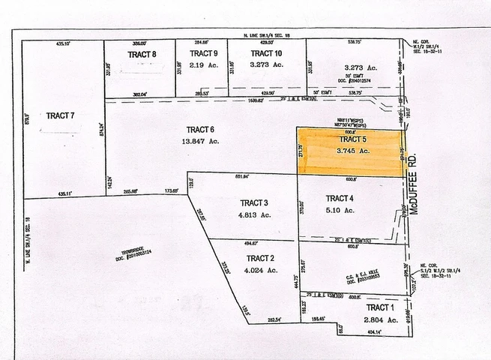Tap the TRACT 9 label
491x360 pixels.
point(203,54)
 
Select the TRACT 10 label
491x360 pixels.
point(266,54)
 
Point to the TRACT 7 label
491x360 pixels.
point(61,115)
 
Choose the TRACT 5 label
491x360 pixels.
point(352,139)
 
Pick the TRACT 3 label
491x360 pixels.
point(254,203)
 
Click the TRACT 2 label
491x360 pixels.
point(260,258)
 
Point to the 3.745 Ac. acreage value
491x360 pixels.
point(352,151)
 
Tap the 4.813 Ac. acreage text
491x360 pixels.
point(254,214)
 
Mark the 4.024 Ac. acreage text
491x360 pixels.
point(260,269)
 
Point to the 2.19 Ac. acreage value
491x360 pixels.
point(203,65)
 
